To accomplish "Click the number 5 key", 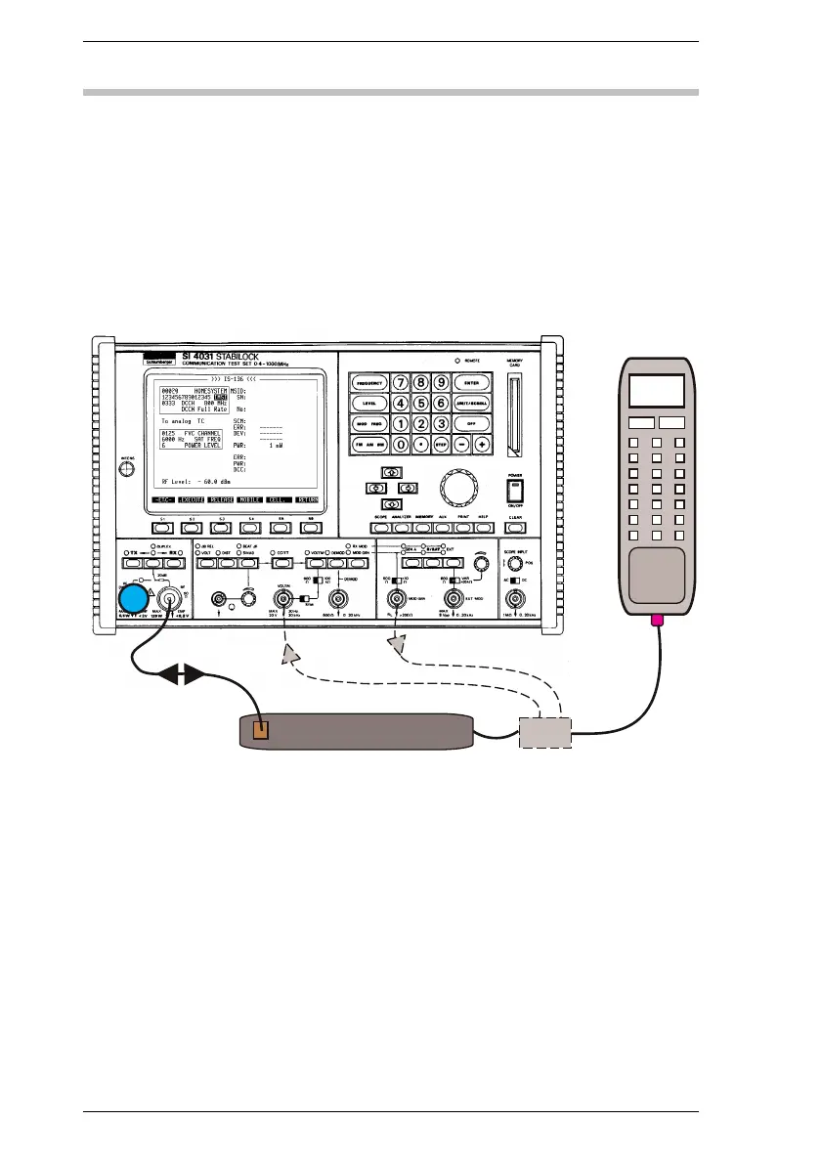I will click(x=421, y=402).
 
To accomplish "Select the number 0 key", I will click(x=401, y=444).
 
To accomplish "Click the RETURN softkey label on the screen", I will click(x=308, y=497).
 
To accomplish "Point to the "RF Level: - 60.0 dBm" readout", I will click(x=200, y=481).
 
